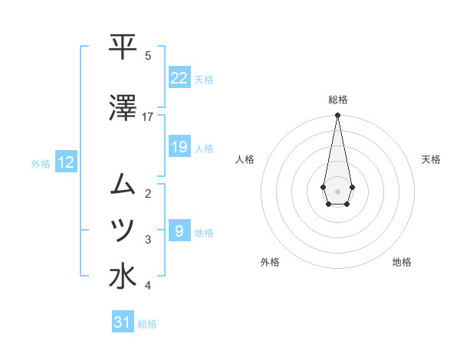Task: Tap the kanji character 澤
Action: pyautogui.click(x=123, y=107)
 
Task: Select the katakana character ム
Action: pyautogui.click(x=123, y=184)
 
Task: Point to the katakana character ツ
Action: pyautogui.click(x=123, y=230)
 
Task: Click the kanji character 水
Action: pyautogui.click(x=123, y=277)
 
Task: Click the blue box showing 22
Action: pyautogui.click(x=179, y=78)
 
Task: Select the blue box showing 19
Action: pyautogui.click(x=179, y=147)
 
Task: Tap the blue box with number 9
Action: pyautogui.click(x=179, y=231)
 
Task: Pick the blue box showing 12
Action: pyautogui.click(x=66, y=162)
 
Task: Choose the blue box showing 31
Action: pyautogui.click(x=123, y=322)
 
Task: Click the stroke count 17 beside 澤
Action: pyautogui.click(x=147, y=116)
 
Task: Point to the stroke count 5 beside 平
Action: pyautogui.click(x=148, y=55)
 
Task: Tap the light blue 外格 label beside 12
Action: pyautogui.click(x=41, y=163)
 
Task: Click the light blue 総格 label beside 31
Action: pyautogui.click(x=147, y=323)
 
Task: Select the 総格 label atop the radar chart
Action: pyautogui.click(x=337, y=100)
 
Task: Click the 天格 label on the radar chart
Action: pyautogui.click(x=431, y=159)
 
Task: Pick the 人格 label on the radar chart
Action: pyautogui.click(x=245, y=159)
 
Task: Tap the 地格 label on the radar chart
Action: pyautogui.click(x=402, y=262)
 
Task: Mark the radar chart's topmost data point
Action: pyautogui.click(x=337, y=116)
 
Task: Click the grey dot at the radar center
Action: pyautogui.click(x=337, y=190)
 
